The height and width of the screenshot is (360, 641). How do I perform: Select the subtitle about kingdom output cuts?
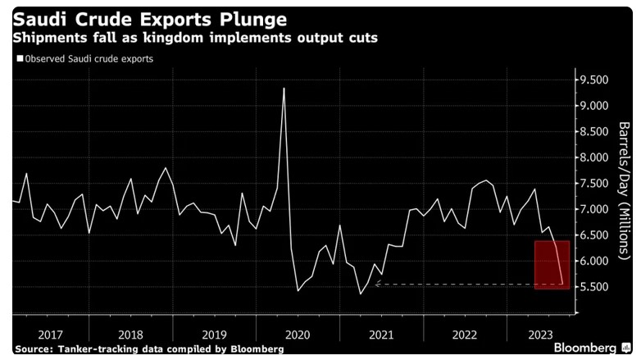pyautogui.click(x=194, y=39)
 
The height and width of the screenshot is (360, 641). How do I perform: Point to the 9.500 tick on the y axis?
pyautogui.click(x=594, y=80)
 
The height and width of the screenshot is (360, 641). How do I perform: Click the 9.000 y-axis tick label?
pyautogui.click(x=594, y=106)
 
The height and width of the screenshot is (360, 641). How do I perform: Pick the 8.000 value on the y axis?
pyautogui.click(x=594, y=157)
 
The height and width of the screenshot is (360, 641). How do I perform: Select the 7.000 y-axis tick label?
pyautogui.click(x=594, y=209)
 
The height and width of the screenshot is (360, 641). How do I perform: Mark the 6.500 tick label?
pyautogui.click(x=594, y=235)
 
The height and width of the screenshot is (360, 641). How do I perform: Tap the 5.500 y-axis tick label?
pyautogui.click(x=594, y=287)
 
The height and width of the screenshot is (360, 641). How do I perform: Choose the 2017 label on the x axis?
pyautogui.click(x=52, y=335)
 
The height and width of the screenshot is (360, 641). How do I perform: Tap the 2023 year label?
pyautogui.click(x=539, y=335)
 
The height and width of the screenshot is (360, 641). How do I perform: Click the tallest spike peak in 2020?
pyautogui.click(x=284, y=89)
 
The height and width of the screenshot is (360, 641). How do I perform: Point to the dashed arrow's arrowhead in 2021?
pyautogui.click(x=376, y=285)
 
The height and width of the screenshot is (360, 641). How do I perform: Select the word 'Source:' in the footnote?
pyautogui.click(x=33, y=349)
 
